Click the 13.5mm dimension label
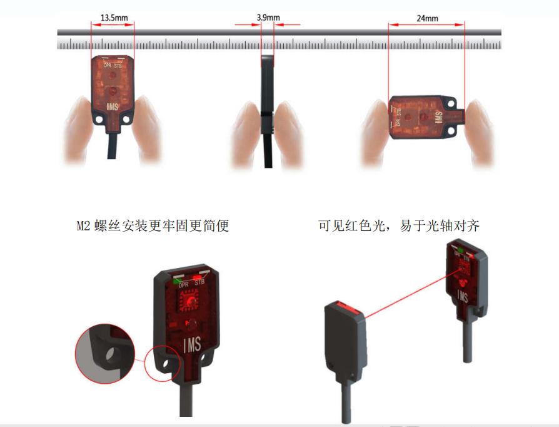coord(114,18)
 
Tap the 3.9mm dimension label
coord(268,18)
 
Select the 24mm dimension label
coord(427,18)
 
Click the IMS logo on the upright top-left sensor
coord(113,106)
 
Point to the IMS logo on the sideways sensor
coord(439,117)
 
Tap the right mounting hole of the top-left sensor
coord(126,120)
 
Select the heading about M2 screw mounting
coord(153,225)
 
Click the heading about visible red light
coord(398,225)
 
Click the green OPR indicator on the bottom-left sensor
coord(176,281)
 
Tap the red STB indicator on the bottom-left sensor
coord(197,277)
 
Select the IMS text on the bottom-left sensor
coord(192,345)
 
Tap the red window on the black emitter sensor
coord(346,307)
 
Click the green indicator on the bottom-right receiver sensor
coord(460,250)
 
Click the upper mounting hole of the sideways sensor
coord(451,105)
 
